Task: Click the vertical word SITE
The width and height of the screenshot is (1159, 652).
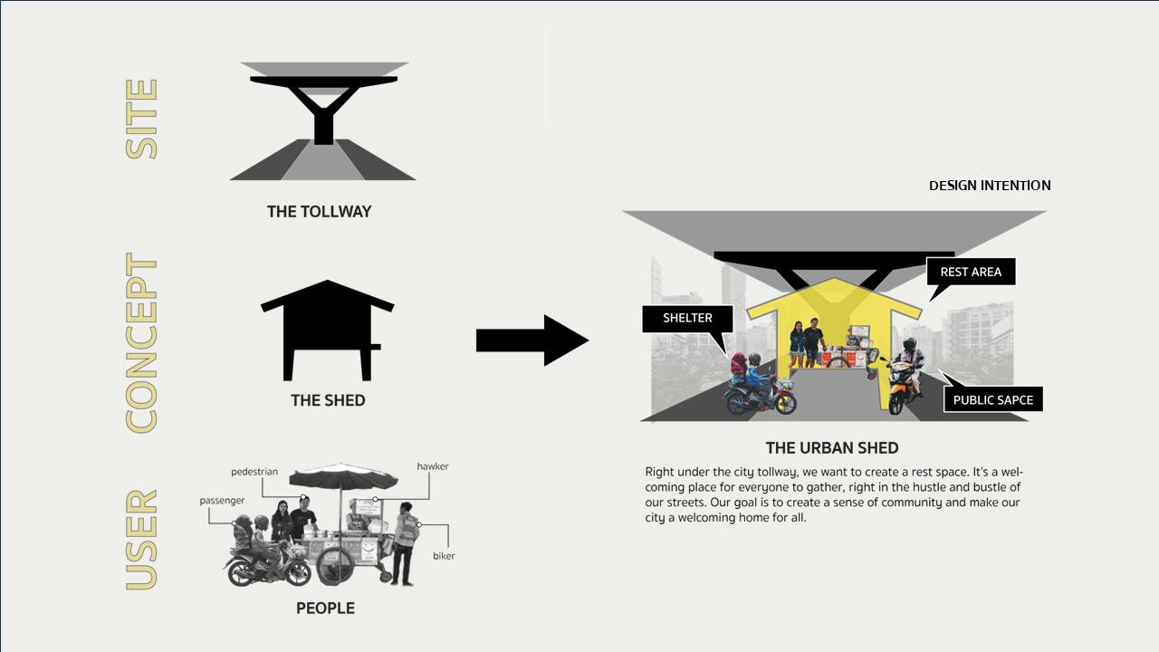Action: click(x=142, y=120)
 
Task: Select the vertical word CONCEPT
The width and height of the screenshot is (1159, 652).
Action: click(x=142, y=342)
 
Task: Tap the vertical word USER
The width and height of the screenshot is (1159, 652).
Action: click(x=142, y=540)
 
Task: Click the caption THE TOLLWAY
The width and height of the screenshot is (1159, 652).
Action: click(x=319, y=212)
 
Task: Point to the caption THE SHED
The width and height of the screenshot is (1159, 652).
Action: click(x=328, y=400)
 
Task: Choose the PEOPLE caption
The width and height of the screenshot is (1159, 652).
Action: click(x=325, y=609)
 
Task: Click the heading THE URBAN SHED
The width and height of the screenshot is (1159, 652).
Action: click(x=832, y=448)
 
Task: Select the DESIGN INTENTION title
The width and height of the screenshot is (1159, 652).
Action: click(x=990, y=186)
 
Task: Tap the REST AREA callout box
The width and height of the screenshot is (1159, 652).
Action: click(x=971, y=272)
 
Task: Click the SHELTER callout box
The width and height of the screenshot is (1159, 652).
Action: click(x=687, y=318)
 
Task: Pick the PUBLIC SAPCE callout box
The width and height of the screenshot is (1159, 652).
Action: click(x=992, y=400)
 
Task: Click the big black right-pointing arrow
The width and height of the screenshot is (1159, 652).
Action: click(x=532, y=340)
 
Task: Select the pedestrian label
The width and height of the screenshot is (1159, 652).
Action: click(x=254, y=472)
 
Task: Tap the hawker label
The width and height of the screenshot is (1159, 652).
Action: click(x=433, y=466)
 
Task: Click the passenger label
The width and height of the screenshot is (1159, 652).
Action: click(x=222, y=501)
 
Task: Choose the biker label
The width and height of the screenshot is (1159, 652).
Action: click(x=444, y=556)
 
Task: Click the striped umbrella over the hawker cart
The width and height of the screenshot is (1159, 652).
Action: click(x=343, y=476)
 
